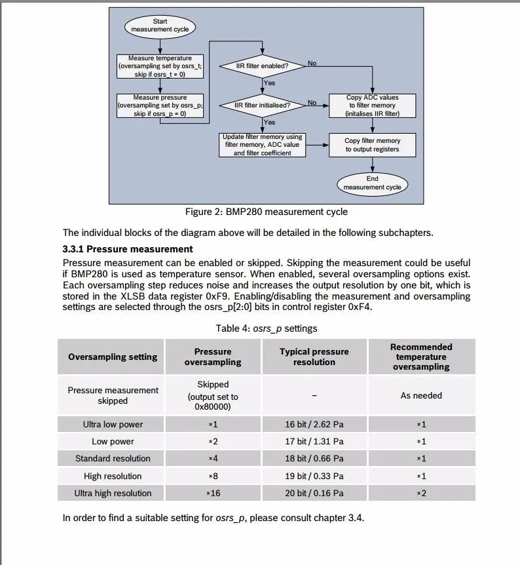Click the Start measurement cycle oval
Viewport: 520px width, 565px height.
160,26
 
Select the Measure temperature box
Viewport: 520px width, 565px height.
160,66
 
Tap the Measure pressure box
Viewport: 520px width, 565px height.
160,106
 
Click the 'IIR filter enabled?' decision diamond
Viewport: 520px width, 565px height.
262,66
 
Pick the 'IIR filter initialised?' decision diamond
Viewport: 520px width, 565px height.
262,105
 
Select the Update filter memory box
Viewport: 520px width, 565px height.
262,145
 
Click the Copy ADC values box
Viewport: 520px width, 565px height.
372,106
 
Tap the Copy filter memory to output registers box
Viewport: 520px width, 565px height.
372,145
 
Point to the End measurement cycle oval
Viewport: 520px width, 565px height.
372,183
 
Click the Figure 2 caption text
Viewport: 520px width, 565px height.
266,212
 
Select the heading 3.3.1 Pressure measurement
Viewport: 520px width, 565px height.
128,249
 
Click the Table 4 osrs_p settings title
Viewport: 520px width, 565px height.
266,328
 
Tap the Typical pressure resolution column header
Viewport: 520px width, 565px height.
314,357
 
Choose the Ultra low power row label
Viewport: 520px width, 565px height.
113,424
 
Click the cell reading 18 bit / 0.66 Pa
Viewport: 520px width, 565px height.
314,458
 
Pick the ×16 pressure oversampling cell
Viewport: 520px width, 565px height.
213,493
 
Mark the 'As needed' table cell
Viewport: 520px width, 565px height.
421,395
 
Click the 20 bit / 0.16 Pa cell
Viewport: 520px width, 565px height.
314,493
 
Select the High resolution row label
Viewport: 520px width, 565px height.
113,476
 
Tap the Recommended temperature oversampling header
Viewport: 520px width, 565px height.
421,357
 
